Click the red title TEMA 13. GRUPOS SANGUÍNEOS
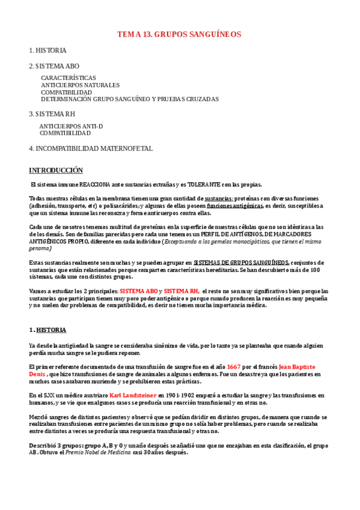(179, 35)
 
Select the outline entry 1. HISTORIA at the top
(48, 51)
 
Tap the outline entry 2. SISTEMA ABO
(54, 66)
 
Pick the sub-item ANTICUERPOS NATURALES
(80, 85)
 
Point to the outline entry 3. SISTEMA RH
(52, 114)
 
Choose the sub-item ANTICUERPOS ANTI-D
(71, 126)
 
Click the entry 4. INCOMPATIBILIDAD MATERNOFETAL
(91, 148)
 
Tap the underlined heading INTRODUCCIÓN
(56, 171)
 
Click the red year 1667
(234, 367)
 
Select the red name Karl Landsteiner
(132, 395)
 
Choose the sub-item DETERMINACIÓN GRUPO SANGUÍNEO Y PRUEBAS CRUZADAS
(130, 99)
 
